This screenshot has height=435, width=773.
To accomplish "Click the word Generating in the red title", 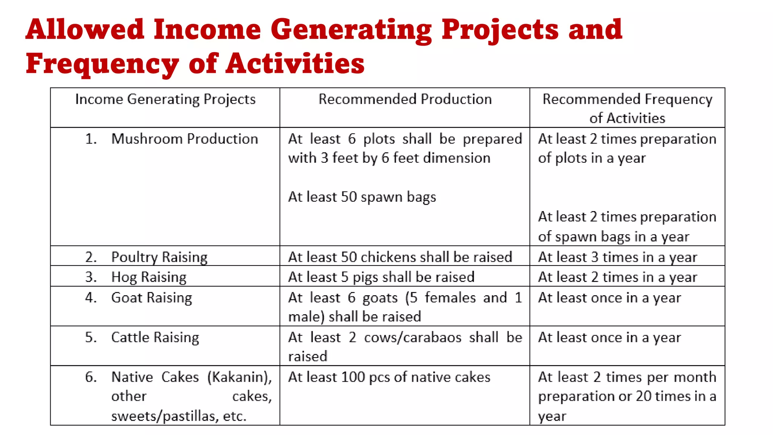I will pos(351,30).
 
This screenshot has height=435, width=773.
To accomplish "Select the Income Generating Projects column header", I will pos(165,99).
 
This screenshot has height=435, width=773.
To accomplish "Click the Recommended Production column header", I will pos(405,99).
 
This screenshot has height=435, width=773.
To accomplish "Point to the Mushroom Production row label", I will pos(185,139).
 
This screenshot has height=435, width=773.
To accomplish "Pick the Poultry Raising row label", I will pos(159,257).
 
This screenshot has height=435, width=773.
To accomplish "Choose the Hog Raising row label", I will pos(149,277).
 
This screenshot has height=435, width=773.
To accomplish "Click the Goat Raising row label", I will pos(151,298).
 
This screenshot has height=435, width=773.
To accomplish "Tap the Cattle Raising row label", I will pos(155,338).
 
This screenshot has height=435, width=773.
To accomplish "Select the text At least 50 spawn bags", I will pos(362,197).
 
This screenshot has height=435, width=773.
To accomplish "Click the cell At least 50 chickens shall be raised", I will pos(400,257).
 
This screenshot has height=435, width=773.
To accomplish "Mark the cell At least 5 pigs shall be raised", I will pos(381,277).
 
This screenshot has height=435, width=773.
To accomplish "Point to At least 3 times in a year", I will pos(617,257).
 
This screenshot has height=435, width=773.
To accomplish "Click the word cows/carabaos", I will pos(413,338).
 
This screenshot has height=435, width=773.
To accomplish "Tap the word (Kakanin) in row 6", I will pos(239,377).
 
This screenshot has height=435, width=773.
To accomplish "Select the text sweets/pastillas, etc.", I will pos(179,416).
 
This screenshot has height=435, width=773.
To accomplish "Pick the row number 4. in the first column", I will pos(91,298).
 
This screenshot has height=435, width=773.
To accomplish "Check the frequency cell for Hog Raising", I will pos(617,277).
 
